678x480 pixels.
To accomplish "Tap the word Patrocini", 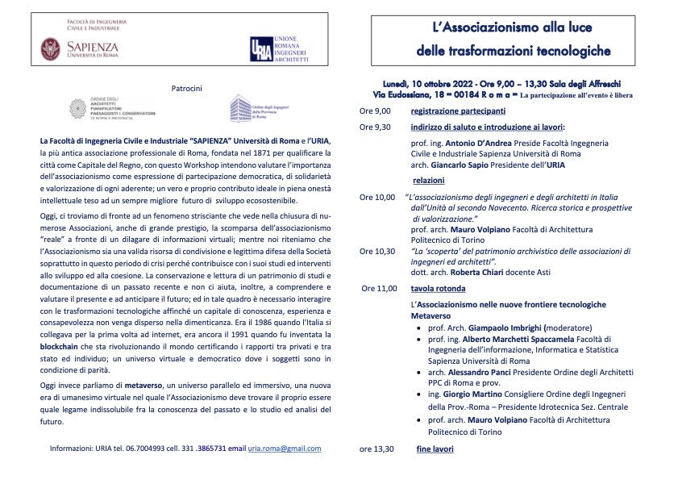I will tap(186, 86).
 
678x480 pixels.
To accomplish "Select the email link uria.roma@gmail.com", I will tap(285, 449).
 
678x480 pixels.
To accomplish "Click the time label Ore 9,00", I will tap(375, 111).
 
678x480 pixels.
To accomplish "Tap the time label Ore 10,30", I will tap(377, 251).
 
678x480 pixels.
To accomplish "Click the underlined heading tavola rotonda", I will tap(438, 287).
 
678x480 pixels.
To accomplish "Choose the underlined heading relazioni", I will tap(428, 181).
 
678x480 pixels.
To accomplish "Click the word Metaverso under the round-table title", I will tap(430, 316).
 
